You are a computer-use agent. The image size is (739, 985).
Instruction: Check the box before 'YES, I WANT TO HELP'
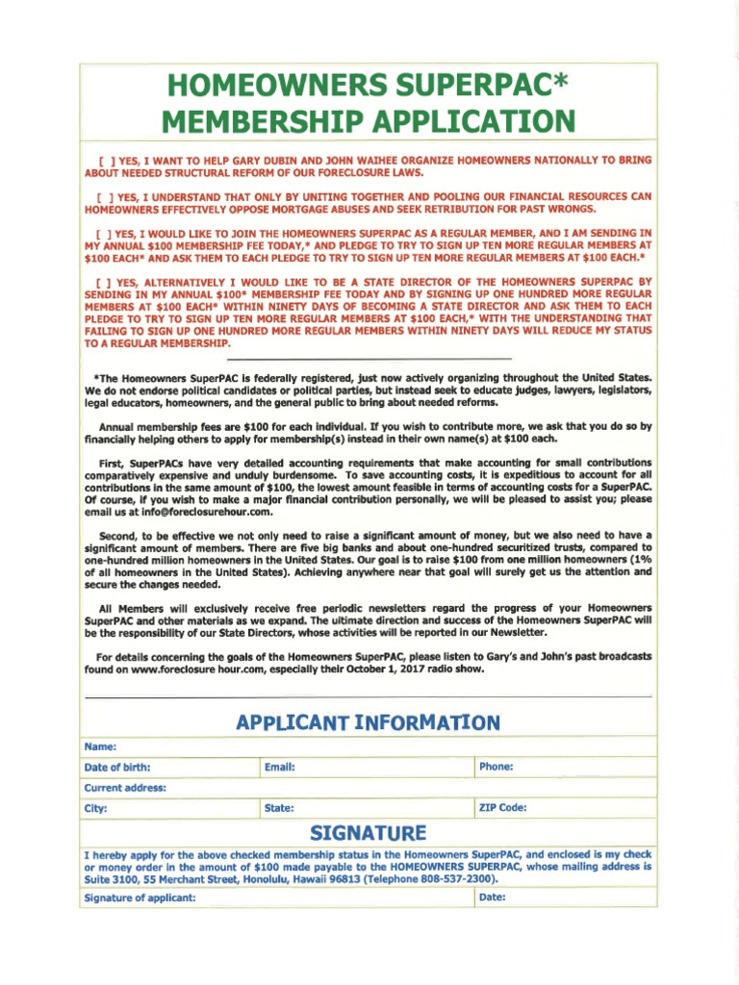103,160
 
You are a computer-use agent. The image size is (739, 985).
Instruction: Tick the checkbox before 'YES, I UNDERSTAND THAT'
103,196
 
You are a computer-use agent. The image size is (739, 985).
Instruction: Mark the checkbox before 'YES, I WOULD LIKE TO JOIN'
103,233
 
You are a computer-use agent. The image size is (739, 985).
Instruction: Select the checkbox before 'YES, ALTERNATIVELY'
103,282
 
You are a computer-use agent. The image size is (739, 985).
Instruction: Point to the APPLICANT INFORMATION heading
369,722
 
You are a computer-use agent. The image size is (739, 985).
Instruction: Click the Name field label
100,746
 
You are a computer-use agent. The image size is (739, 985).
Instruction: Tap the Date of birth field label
117,768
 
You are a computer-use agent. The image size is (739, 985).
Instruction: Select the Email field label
278,768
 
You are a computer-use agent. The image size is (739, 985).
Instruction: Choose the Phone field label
496,767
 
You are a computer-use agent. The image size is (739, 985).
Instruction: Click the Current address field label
125,788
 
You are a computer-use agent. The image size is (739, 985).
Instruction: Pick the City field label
95,809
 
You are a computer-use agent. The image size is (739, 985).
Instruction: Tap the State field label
278,809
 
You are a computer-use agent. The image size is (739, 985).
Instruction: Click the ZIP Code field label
502,808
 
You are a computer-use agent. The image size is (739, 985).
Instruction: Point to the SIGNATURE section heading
369,832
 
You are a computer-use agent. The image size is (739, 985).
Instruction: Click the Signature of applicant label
140,898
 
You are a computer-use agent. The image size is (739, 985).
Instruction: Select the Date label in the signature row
492,897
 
